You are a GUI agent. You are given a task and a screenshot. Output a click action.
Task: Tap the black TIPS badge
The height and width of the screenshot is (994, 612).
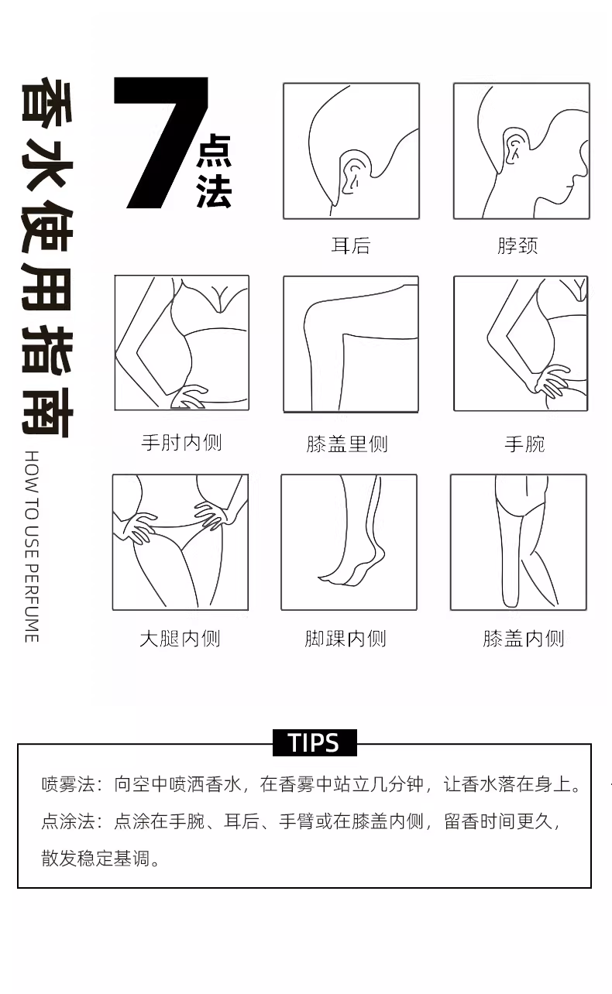[315, 742]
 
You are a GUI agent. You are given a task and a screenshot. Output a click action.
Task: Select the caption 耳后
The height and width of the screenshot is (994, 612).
[351, 246]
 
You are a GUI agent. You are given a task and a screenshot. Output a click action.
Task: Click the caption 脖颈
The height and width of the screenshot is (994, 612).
[517, 246]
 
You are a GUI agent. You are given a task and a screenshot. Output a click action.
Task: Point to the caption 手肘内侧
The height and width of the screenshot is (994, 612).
[181, 443]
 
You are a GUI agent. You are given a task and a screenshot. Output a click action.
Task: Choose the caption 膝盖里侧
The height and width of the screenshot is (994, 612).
[347, 444]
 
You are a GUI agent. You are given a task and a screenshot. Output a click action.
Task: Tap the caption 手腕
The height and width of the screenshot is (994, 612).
[525, 444]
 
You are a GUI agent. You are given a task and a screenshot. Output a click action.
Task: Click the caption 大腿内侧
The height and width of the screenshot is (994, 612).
[180, 639]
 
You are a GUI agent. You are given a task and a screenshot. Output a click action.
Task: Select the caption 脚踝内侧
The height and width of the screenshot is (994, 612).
[346, 639]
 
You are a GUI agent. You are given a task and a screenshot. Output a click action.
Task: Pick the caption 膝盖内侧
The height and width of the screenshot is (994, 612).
[524, 639]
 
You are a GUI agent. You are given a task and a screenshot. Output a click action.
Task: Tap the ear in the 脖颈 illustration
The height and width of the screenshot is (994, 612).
[516, 146]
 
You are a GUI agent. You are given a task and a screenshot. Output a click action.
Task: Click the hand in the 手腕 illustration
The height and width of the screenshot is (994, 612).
[551, 382]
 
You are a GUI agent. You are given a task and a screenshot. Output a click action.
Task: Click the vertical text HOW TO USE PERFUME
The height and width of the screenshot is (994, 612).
[32, 547]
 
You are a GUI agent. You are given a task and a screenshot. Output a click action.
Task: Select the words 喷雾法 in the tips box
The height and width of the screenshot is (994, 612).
[68, 784]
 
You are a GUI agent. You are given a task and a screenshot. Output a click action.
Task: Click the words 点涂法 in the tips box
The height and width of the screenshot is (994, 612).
[68, 821]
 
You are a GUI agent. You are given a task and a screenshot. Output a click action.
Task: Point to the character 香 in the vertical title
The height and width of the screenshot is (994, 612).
[47, 101]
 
